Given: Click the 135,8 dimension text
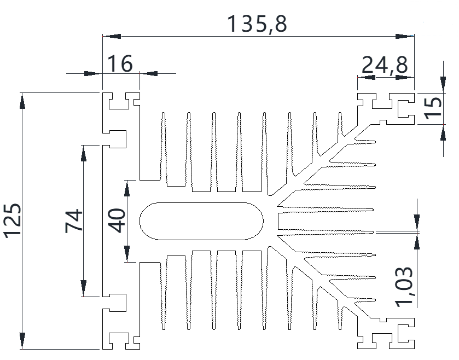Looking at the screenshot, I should (257, 24).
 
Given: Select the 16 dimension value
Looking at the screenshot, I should (119, 63).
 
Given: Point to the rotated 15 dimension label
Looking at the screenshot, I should (433, 106).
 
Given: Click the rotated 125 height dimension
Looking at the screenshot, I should (12, 220).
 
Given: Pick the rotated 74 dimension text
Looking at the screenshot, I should (74, 220).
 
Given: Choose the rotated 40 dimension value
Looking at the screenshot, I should (117, 220).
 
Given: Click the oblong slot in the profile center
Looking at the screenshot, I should (201, 221).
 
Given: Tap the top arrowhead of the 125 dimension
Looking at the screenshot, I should (22, 101).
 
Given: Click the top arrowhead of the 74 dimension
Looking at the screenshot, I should (83, 153).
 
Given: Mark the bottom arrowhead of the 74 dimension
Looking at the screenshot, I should (83, 289).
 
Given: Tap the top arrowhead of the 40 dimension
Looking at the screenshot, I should (127, 188).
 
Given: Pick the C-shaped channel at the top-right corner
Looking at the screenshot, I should (405, 108).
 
